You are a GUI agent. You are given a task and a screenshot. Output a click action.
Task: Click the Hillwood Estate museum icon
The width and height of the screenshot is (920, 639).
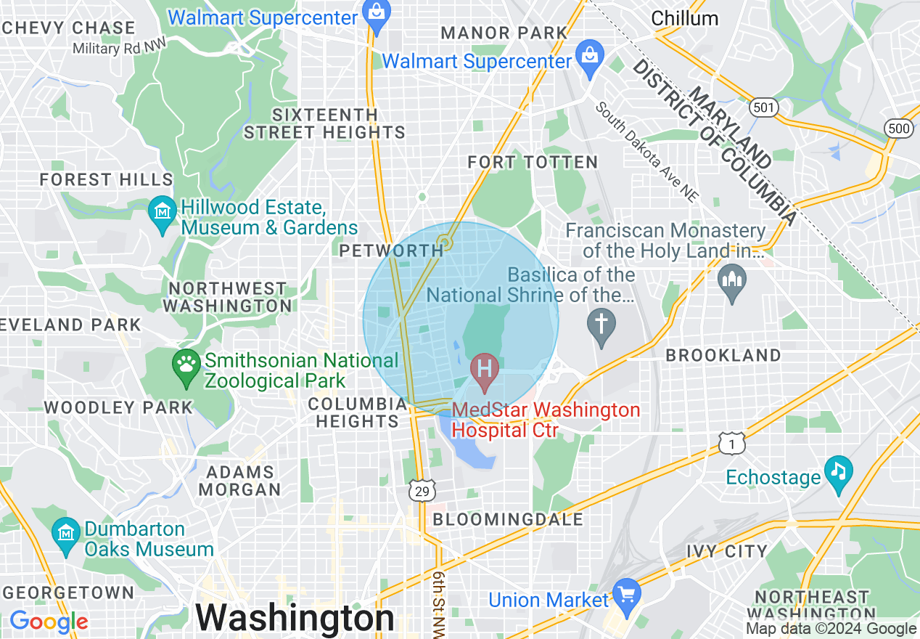click(x=162, y=212)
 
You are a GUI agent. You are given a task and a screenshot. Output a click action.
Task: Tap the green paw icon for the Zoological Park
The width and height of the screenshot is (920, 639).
click(x=187, y=365)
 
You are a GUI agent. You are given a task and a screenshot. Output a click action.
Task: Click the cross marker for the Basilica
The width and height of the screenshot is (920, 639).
click(x=601, y=324)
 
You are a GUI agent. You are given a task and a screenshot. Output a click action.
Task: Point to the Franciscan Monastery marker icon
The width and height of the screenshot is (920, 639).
click(x=731, y=280)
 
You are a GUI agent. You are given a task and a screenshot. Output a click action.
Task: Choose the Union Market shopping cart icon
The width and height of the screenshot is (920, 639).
click(x=625, y=594)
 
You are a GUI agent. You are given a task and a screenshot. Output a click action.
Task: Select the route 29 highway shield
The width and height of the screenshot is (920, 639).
click(x=422, y=491)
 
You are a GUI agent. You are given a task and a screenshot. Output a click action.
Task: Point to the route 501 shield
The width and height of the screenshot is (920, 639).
click(x=764, y=108)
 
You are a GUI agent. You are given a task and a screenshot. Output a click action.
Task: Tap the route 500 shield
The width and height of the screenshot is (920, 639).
click(x=899, y=129)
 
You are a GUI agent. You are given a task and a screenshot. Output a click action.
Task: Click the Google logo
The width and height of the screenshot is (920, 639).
click(x=49, y=622)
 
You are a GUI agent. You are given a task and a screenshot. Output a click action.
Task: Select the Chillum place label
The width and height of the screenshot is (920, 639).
click(x=684, y=18)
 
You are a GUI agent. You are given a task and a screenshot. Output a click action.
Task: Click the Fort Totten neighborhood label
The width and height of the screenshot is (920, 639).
click(x=533, y=162)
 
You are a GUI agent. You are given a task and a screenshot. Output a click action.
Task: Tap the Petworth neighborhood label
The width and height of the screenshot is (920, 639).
click(x=391, y=251)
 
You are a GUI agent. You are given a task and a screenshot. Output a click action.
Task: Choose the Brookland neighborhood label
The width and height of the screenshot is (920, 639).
click(x=723, y=355)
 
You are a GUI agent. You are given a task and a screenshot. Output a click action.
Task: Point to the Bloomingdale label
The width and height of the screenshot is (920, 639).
click(x=508, y=519)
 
